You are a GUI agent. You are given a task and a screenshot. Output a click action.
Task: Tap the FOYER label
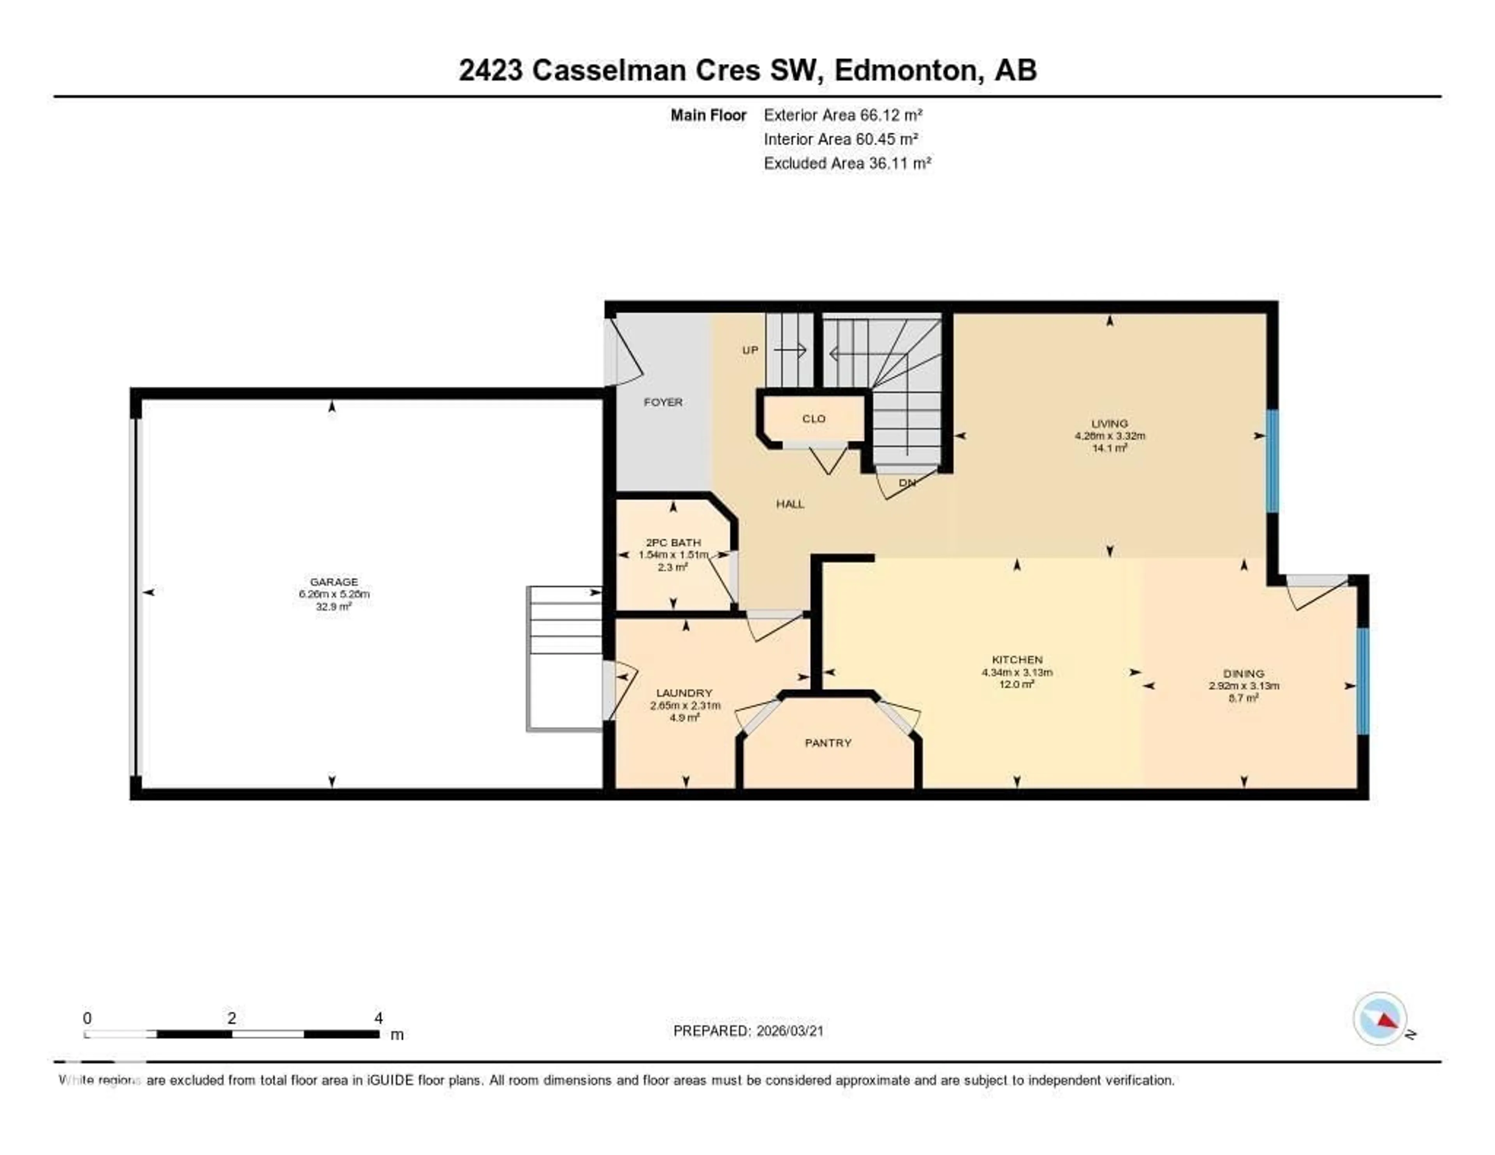(663, 402)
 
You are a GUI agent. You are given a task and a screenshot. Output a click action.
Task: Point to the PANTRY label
(828, 743)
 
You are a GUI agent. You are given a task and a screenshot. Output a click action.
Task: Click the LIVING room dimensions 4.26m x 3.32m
(1110, 435)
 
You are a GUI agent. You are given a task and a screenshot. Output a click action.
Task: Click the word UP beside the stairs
(750, 350)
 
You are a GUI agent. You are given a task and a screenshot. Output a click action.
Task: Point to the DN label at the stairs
(907, 482)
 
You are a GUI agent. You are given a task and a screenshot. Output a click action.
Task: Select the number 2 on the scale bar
(232, 1018)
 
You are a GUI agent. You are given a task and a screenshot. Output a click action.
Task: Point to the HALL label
(790, 504)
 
